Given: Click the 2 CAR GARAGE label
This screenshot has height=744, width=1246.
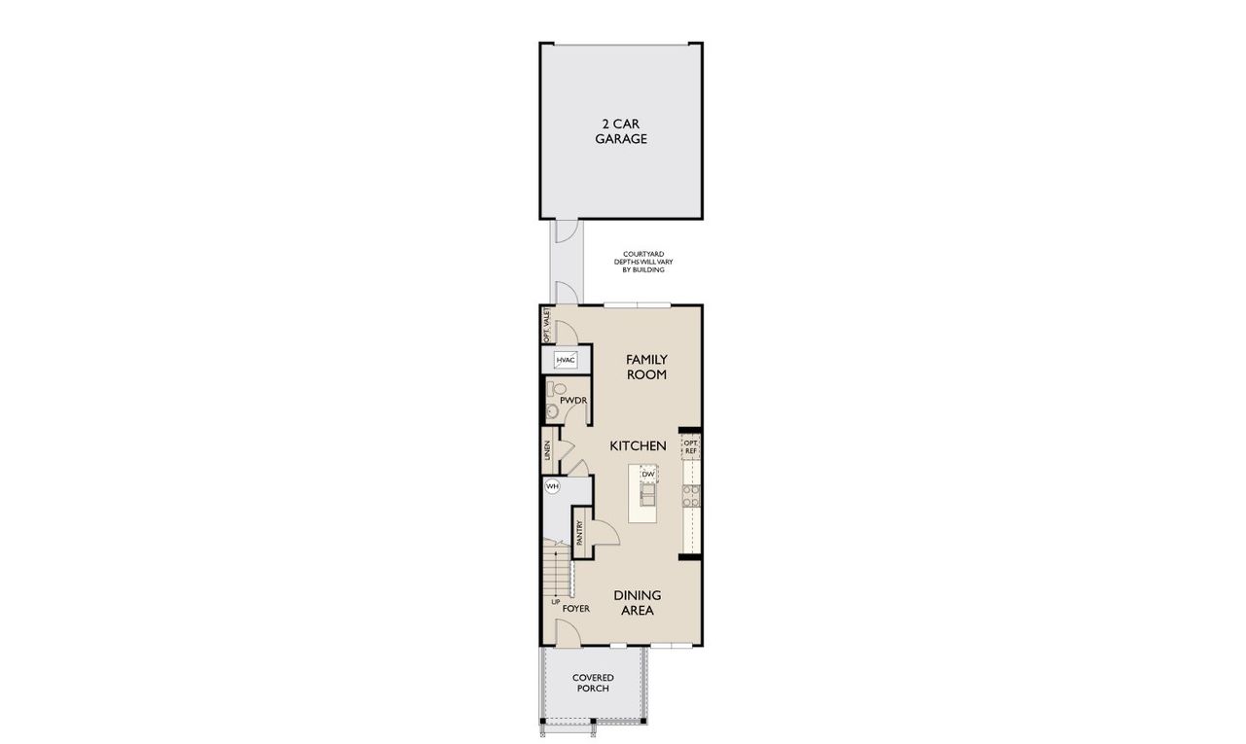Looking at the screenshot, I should (x=622, y=131).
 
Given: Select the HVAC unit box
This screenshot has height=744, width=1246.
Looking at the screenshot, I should (x=566, y=360).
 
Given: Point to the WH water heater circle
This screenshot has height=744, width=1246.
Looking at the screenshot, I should (x=552, y=485).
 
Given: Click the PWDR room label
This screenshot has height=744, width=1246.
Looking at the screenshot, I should (x=571, y=400).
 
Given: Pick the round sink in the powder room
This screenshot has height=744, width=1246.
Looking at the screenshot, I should (x=551, y=412).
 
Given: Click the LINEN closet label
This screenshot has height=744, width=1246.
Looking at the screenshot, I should (x=548, y=450).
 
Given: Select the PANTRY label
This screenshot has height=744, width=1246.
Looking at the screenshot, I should (x=579, y=533).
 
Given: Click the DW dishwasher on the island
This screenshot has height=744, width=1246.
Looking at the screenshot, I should (x=647, y=474).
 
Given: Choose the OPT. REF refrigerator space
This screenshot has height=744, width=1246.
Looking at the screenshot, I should (x=690, y=445).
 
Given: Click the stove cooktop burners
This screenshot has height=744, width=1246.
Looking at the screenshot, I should (x=690, y=497).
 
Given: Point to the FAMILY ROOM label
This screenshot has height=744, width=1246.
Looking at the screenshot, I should (x=646, y=367).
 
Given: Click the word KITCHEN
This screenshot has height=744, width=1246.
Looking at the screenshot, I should (x=638, y=445).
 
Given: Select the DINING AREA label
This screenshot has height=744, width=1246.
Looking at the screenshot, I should (x=638, y=603).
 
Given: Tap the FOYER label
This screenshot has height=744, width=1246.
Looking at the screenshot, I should (x=576, y=609).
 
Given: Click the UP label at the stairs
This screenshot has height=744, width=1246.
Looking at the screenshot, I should (x=556, y=602).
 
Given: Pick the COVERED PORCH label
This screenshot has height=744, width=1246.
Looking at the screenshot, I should (x=591, y=683).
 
